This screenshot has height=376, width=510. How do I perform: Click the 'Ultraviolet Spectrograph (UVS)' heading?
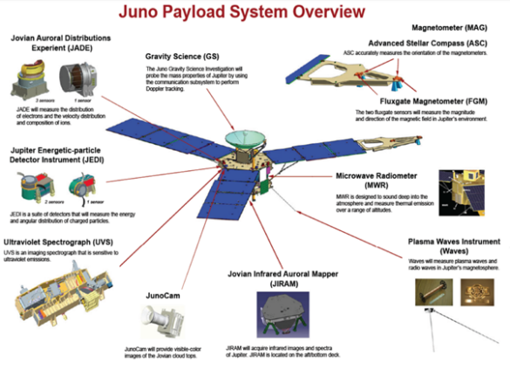point(61,238)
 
